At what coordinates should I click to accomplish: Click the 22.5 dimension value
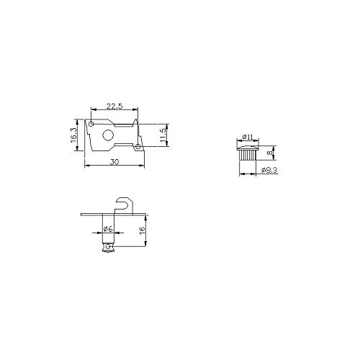click(x=114, y=106)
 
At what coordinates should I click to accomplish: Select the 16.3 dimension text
click(x=73, y=135)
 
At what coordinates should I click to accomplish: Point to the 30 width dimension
click(x=114, y=162)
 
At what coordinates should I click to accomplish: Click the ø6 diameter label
click(x=108, y=229)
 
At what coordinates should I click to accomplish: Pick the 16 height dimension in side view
click(x=142, y=229)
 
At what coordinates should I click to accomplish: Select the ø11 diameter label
click(x=248, y=137)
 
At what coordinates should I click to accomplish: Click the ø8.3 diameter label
click(x=269, y=170)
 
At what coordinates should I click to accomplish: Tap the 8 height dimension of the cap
click(x=270, y=153)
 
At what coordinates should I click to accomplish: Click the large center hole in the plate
click(x=108, y=135)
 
